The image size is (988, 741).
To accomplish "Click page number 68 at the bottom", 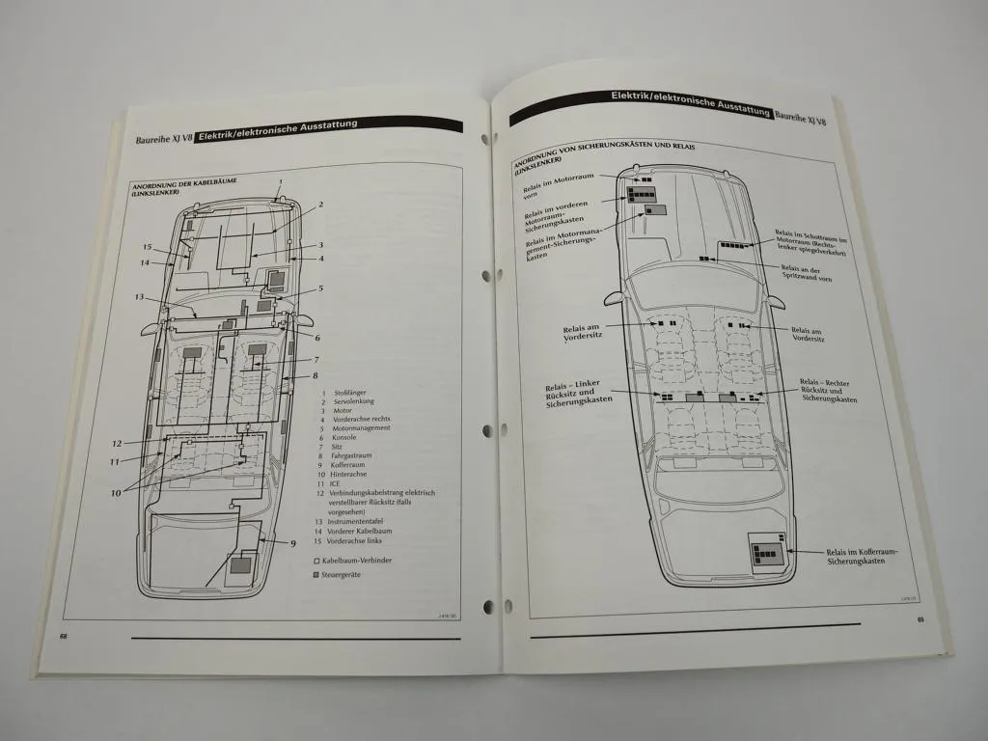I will point(64,636).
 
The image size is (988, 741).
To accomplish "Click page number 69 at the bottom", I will point(920,620).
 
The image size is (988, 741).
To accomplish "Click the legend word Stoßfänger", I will point(348,393).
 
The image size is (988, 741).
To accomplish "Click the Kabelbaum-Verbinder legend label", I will point(358,561).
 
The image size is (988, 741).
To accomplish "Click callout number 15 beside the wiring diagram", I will point(148,247).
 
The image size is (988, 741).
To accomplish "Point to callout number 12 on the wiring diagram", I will point(116,444).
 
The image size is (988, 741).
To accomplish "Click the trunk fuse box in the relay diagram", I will point(768,552).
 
